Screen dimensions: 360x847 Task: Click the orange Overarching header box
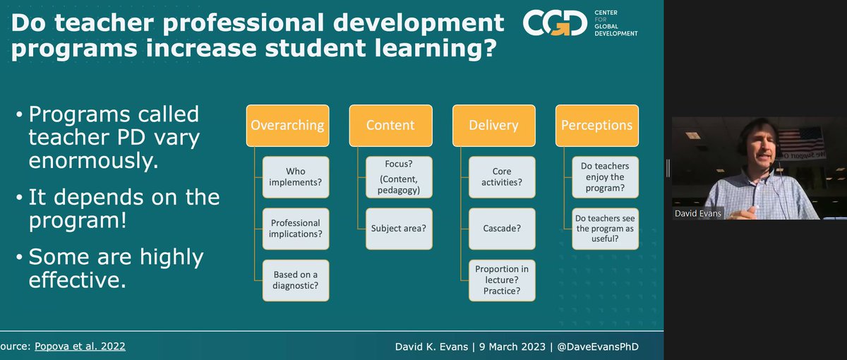pyautogui.click(x=287, y=126)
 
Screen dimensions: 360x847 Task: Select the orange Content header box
pyautogui.click(x=390, y=126)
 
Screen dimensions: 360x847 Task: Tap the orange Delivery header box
pyautogui.click(x=493, y=126)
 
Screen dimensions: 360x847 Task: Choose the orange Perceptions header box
pyautogui.click(x=596, y=126)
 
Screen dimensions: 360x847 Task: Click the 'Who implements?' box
pyautogui.click(x=296, y=176)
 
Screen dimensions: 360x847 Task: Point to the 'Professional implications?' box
pyautogui.click(x=296, y=228)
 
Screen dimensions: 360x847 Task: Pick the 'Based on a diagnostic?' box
pyautogui.click(x=296, y=280)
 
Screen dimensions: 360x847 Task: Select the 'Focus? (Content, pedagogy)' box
pyautogui.click(x=399, y=176)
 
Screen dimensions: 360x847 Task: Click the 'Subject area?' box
pyautogui.click(x=399, y=228)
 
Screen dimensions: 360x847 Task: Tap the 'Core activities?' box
pyautogui.click(x=502, y=176)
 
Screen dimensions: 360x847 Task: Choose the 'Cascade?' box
pyautogui.click(x=502, y=228)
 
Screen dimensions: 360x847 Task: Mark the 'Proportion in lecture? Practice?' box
pyautogui.click(x=502, y=280)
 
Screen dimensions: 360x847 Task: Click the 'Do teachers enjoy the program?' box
pyautogui.click(x=605, y=176)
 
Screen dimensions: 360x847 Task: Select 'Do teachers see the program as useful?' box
pyautogui.click(x=605, y=228)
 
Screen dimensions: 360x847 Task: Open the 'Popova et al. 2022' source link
pyautogui.click(x=83, y=346)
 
